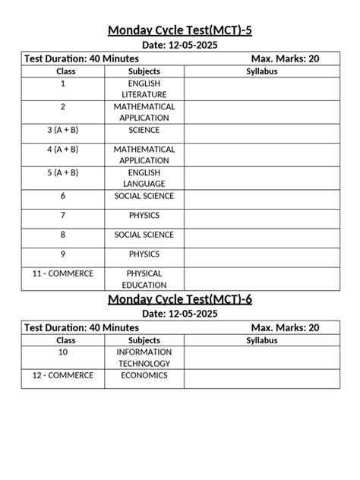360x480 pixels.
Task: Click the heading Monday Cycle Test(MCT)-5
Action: pos(180,30)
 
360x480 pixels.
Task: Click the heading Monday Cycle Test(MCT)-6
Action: pos(180,298)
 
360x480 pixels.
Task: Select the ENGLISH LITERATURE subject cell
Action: pos(144,88)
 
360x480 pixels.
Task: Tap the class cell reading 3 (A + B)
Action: pos(62,130)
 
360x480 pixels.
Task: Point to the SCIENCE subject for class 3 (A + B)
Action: pos(144,130)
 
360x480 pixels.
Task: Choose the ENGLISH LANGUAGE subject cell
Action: pos(144,178)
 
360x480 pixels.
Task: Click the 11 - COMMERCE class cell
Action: pos(62,273)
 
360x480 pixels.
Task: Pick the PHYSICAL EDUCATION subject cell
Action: pos(144,279)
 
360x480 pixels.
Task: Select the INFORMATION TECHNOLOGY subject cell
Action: pos(144,358)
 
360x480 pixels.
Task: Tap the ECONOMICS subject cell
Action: pos(144,375)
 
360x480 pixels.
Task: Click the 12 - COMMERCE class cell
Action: pos(62,375)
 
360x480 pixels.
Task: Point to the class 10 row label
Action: pos(62,352)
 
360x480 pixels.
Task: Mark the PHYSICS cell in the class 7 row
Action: pos(144,216)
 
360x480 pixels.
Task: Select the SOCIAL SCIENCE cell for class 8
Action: pos(144,235)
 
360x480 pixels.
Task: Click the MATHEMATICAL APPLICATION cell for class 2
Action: pos(144,112)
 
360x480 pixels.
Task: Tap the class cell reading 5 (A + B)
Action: pos(62,172)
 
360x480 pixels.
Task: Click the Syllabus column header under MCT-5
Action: pos(262,71)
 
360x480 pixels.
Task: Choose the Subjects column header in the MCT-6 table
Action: pos(144,340)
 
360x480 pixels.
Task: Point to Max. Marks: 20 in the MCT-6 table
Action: pos(285,327)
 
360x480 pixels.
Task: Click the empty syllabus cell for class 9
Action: pos(262,257)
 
